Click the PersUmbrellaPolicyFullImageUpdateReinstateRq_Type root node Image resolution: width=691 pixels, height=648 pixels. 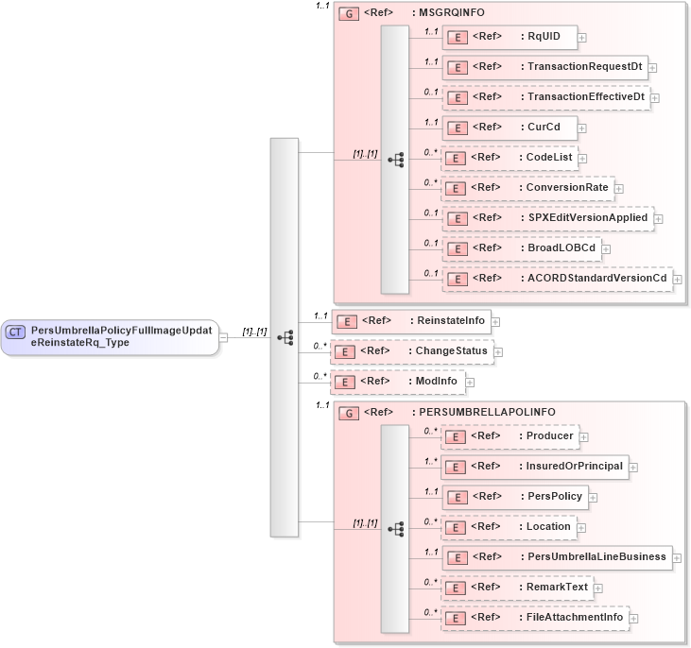[110, 336]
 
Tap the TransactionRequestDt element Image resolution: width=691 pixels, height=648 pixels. [544, 67]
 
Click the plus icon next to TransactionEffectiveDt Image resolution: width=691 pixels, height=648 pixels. [655, 97]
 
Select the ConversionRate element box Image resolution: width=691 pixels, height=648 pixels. [527, 188]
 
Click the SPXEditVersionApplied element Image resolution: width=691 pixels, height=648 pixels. [547, 218]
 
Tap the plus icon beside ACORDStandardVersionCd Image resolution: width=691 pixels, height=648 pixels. [677, 280]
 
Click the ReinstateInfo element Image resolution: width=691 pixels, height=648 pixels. [409, 321]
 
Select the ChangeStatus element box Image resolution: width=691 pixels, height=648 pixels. [411, 351]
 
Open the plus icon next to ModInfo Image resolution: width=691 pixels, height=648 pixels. [470, 383]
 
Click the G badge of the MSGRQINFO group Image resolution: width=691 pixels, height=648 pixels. [348, 15]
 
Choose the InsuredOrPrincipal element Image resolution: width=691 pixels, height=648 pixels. [535, 467]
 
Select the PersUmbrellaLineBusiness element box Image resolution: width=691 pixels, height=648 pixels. [557, 557]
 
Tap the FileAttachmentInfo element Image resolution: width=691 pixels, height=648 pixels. [535, 618]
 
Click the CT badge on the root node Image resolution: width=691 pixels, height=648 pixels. [16, 332]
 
